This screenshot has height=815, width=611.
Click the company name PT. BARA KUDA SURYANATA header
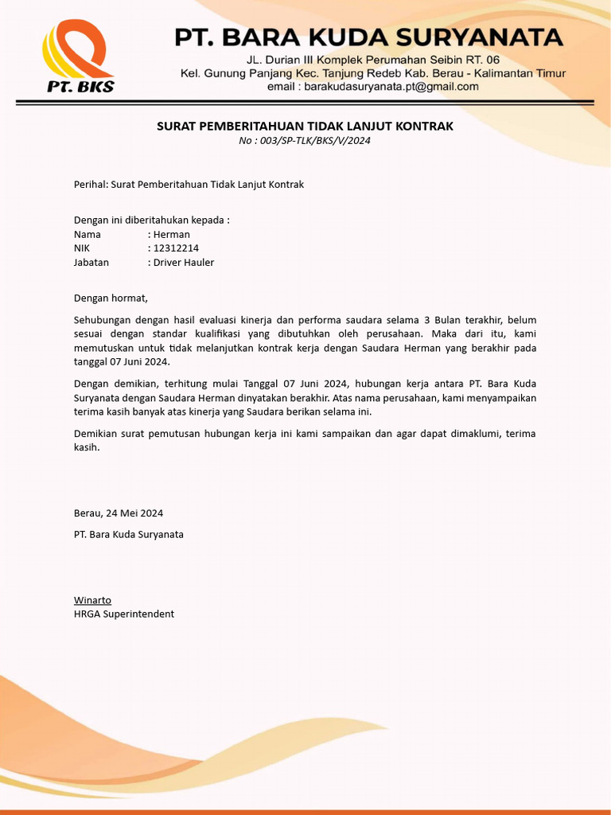[x=369, y=37]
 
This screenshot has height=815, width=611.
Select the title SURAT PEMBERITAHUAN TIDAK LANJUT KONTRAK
[x=305, y=127]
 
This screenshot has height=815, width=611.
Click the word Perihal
[x=89, y=185]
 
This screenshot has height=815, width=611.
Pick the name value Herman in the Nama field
[x=172, y=235]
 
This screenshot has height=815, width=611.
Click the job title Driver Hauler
[x=184, y=263]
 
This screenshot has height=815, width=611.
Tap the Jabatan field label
[x=91, y=263]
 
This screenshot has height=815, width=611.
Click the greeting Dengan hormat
[x=111, y=298]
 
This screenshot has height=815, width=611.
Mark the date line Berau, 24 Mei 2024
[x=119, y=513]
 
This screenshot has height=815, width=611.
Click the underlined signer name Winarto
[x=92, y=600]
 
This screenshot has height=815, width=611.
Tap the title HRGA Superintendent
[x=123, y=614]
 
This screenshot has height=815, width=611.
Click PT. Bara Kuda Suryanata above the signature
[x=128, y=535]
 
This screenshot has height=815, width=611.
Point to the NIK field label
[x=82, y=248]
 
